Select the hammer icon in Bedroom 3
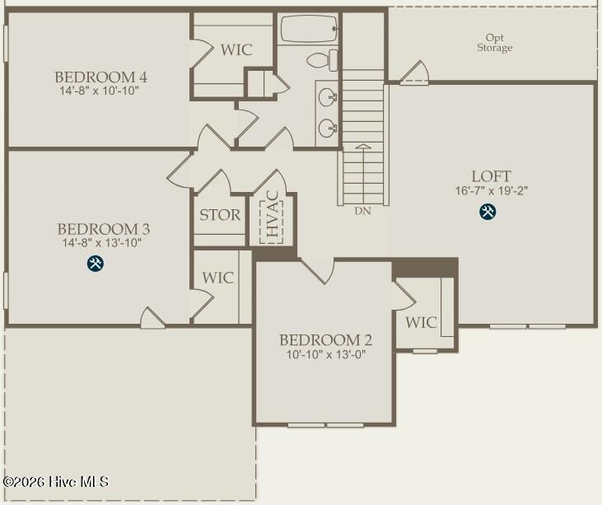96,264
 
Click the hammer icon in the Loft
488,212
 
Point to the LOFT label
491,176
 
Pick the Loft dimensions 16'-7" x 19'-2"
491,190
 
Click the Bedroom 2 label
325,340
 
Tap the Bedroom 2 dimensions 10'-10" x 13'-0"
325,355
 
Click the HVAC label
271,216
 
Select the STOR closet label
220,216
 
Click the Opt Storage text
494,43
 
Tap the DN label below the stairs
362,211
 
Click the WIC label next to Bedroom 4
236,49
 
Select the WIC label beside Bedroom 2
421,323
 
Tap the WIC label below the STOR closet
218,278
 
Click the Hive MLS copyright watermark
55,481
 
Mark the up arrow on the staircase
362,148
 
